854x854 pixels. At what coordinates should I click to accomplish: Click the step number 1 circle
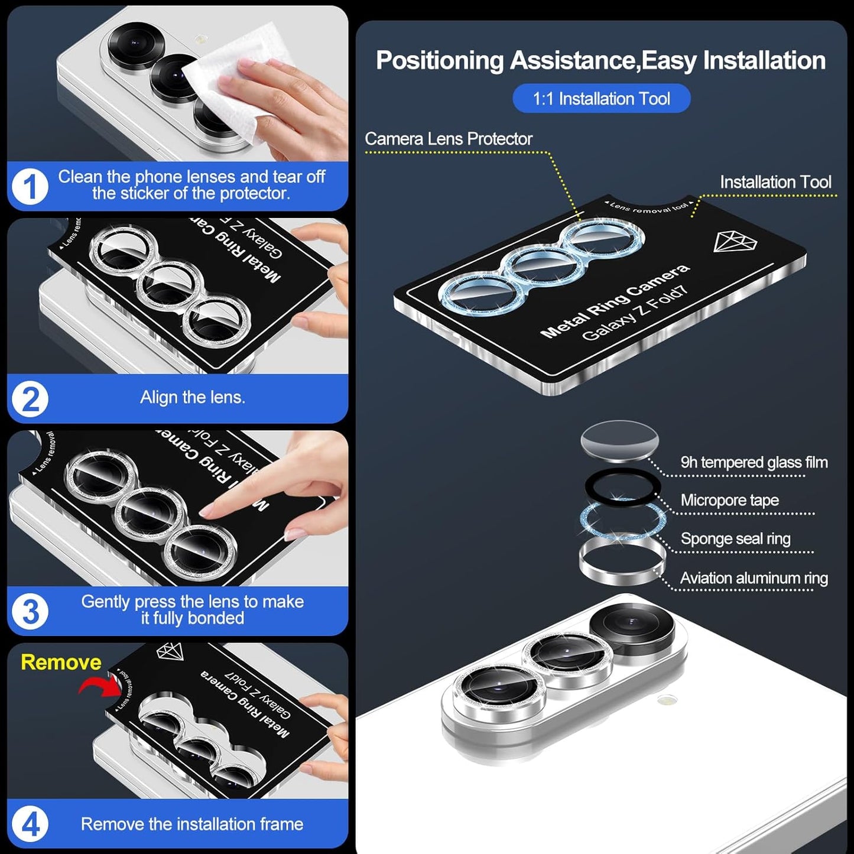point(30,187)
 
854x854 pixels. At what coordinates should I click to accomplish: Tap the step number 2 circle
point(30,400)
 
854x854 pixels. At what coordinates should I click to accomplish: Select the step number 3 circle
point(30,611)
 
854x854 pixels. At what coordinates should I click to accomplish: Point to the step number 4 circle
point(30,824)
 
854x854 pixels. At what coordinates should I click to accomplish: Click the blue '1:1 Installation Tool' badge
point(601,99)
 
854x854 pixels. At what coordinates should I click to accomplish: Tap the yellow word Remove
point(61,662)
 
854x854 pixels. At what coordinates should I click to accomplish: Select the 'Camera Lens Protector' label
point(448,139)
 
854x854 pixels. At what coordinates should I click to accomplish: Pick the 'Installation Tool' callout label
point(775,182)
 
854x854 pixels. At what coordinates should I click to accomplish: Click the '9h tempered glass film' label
point(754,462)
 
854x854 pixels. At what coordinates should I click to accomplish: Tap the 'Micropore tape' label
point(729,501)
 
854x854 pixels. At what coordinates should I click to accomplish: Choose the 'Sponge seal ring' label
point(735,539)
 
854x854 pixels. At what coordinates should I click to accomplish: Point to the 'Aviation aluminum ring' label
point(754,578)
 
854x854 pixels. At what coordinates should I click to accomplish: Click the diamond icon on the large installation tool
point(735,241)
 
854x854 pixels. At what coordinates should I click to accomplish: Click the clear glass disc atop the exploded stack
point(619,440)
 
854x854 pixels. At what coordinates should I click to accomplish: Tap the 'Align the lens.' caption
point(192,397)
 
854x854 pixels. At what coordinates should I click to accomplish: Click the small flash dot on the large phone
point(667,700)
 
